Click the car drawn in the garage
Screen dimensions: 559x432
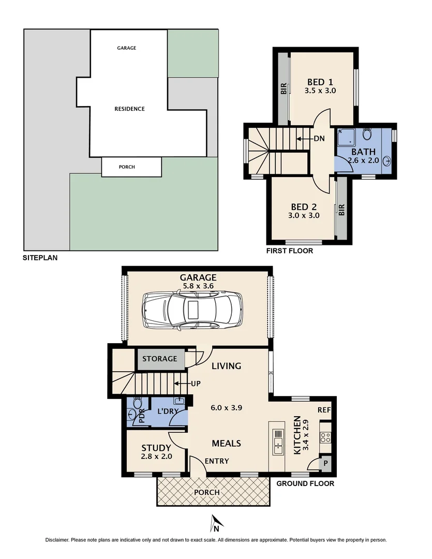[193, 311]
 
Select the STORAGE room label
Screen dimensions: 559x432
[160, 359]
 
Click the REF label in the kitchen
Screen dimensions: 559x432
[324, 410]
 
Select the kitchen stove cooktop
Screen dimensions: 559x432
[325, 436]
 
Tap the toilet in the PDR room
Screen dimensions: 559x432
[137, 404]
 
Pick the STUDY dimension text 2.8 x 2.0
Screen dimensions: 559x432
[156, 457]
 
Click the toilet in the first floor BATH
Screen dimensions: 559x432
[367, 135]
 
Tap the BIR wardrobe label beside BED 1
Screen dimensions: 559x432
[284, 89]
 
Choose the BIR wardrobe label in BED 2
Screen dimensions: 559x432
[341, 210]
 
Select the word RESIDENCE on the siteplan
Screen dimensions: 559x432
[129, 109]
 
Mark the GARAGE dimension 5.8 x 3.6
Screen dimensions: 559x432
[198, 286]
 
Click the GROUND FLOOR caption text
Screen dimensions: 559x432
[305, 483]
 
